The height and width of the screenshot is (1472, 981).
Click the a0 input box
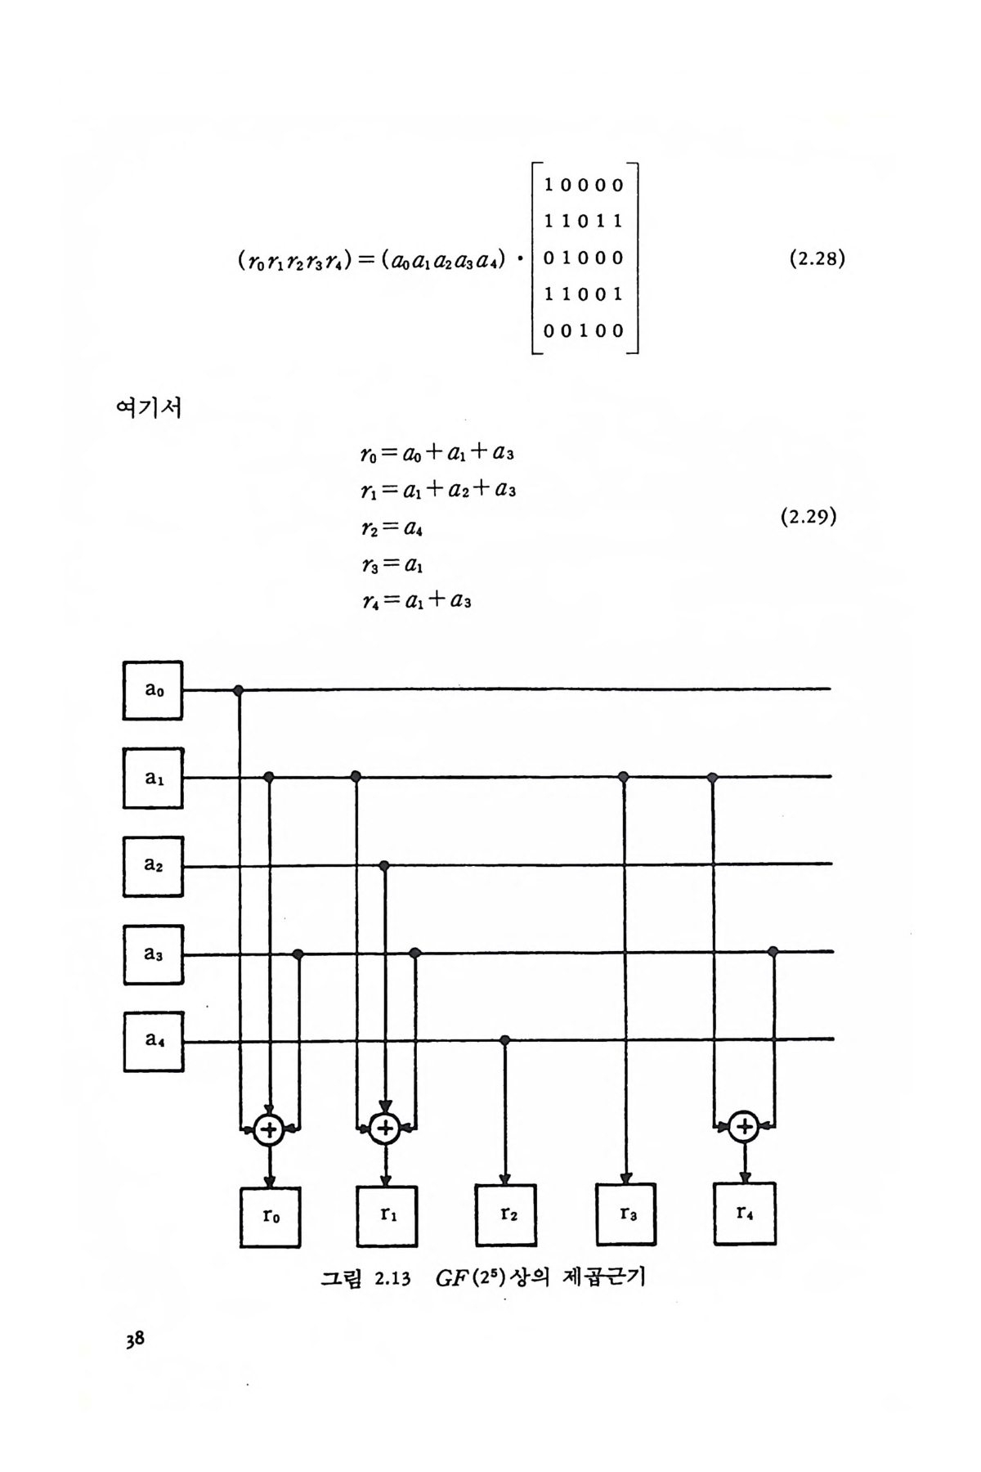point(153,690)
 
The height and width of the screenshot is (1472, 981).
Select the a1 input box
point(153,778)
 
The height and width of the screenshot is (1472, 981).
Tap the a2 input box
point(153,866)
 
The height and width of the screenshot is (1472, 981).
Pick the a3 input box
point(153,954)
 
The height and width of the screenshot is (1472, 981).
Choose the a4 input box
point(153,1041)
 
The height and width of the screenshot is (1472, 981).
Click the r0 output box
point(271,1217)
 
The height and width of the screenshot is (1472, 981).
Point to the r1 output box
point(387,1216)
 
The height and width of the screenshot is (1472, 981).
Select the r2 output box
point(506,1215)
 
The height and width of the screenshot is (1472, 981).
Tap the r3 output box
point(625,1214)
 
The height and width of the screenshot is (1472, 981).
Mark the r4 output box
point(744,1214)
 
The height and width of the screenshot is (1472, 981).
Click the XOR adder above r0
point(269,1130)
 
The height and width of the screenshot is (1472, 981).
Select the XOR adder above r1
point(383,1129)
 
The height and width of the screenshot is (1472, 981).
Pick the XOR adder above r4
point(744,1127)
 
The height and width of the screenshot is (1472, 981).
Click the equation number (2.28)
point(817,259)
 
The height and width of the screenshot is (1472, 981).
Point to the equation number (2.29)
point(809,517)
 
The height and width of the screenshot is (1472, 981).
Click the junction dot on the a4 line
point(505,1040)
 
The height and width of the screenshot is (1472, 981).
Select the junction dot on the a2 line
point(385,864)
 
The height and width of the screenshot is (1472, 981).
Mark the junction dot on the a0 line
point(239,691)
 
